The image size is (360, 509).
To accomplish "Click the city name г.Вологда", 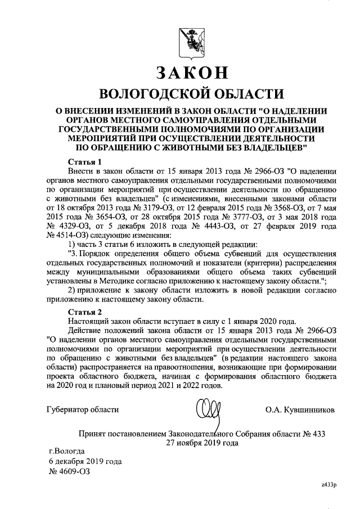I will [x=67, y=451].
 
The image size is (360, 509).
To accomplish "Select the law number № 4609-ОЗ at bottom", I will [x=70, y=471].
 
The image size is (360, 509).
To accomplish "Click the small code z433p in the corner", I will [x=328, y=485].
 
